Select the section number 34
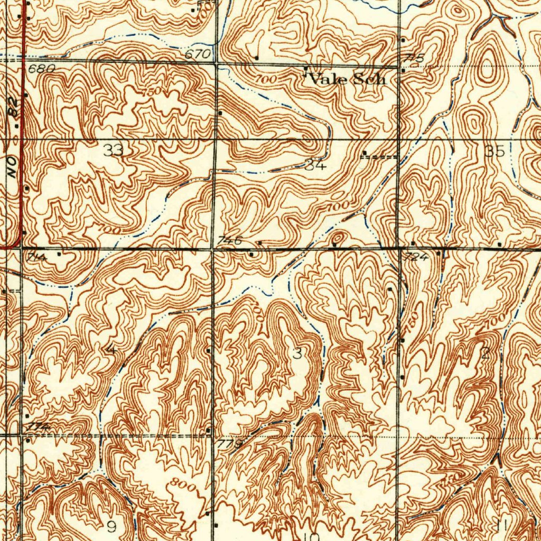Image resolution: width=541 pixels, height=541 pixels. (x=316, y=165)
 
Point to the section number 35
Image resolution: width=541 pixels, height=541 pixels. (x=495, y=151)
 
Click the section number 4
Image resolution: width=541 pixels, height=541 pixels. (x=111, y=349)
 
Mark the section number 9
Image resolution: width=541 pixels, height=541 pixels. (x=111, y=526)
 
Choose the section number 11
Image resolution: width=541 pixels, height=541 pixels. (x=501, y=525)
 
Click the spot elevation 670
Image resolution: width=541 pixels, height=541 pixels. (x=198, y=54)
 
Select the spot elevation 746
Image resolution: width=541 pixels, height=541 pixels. (x=231, y=240)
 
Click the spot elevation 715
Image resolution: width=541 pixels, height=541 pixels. (x=415, y=58)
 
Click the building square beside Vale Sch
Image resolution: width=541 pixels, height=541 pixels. (x=305, y=69)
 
